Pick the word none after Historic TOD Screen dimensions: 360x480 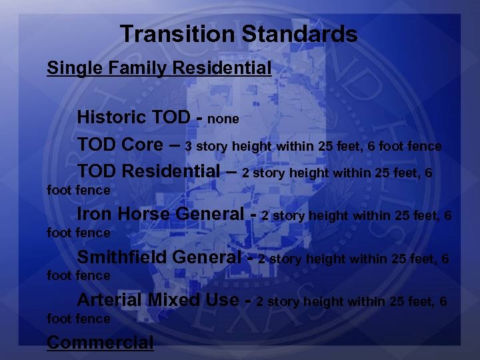click(223, 119)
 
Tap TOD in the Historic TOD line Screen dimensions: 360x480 click(171, 117)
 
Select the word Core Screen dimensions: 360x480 click(143, 145)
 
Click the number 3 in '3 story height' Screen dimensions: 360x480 click(189, 146)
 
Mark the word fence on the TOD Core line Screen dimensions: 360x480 click(425, 146)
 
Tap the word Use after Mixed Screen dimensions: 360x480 click(222, 299)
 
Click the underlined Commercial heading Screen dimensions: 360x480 click(100, 343)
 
